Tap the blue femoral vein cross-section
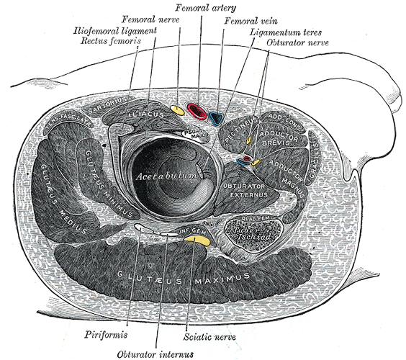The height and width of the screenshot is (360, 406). tap(216, 114)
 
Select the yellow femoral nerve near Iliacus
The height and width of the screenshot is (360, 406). tap(177, 109)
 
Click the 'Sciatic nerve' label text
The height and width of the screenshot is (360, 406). tap(210, 336)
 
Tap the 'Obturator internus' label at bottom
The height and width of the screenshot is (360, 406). tap(155, 353)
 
